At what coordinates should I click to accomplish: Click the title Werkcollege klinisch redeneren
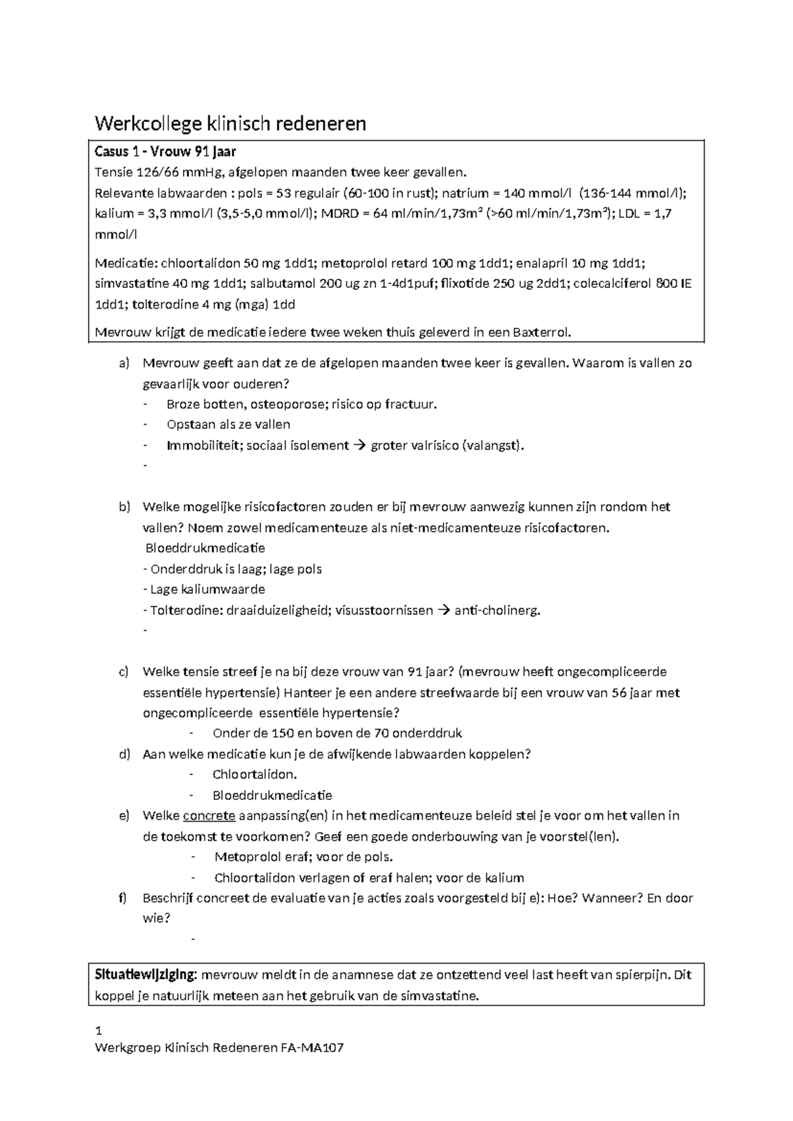click(230, 124)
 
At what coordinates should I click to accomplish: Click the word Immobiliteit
click(202, 445)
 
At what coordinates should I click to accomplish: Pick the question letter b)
click(125, 507)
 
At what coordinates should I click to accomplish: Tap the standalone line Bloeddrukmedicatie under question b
click(205, 548)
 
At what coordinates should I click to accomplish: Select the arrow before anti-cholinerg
click(443, 610)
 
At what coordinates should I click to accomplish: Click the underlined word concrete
click(209, 816)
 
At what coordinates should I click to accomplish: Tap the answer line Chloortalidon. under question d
click(254, 775)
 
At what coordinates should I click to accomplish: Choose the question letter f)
click(123, 898)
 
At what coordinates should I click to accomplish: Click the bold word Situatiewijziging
click(146, 975)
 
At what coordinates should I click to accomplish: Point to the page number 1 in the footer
click(98, 1031)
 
